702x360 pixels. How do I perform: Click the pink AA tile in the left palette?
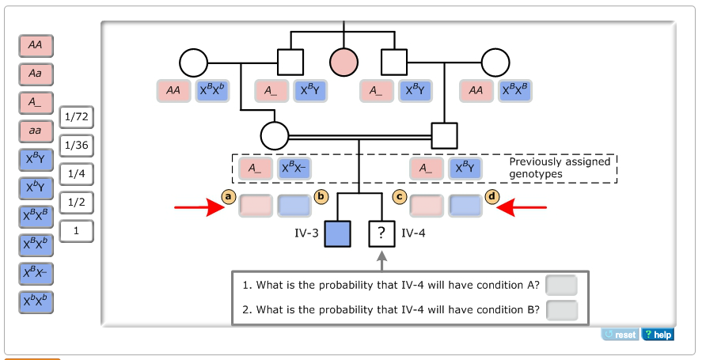(36, 46)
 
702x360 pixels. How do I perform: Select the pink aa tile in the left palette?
(36, 131)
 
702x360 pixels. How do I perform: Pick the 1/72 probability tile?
(76, 117)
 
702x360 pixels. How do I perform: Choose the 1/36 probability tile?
(76, 146)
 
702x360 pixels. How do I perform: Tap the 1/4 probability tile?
(76, 174)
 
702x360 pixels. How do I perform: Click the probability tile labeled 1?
(76, 231)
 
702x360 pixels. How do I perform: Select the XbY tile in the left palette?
(36, 188)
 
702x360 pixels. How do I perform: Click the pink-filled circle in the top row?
(344, 62)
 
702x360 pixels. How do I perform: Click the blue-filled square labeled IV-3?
(338, 233)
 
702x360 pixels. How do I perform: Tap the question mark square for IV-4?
(381, 233)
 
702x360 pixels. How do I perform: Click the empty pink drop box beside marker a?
(256, 206)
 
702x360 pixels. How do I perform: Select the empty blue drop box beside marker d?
(465, 206)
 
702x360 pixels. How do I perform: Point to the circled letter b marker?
(321, 196)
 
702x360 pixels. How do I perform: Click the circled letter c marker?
(400, 196)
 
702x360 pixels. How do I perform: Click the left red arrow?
(201, 208)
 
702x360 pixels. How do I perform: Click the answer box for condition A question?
(561, 285)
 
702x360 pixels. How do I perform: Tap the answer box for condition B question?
(561, 310)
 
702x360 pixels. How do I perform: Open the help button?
(658, 335)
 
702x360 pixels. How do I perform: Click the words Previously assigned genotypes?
(559, 168)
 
